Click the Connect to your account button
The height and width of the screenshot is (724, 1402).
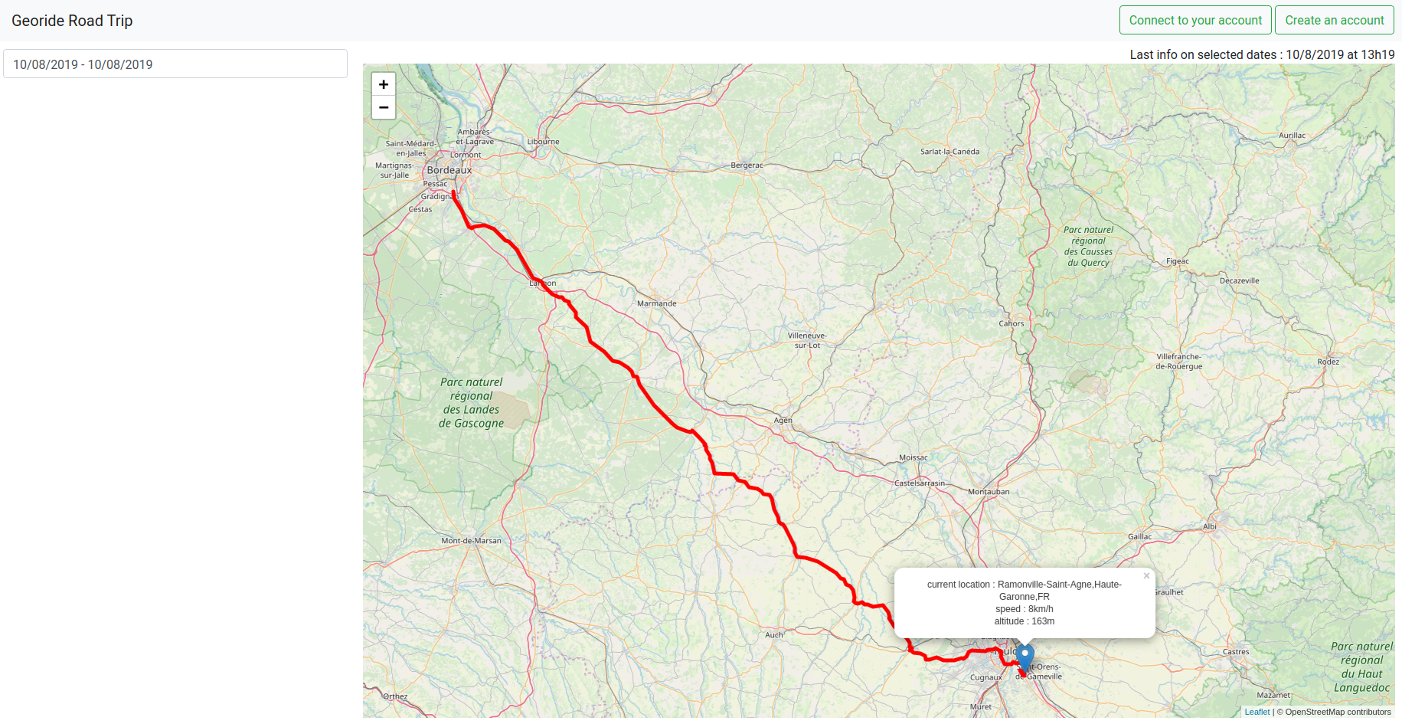(1194, 21)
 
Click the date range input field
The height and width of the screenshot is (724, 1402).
(175, 64)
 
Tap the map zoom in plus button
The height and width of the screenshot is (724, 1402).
(384, 84)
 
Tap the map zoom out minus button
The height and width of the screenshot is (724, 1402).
(384, 108)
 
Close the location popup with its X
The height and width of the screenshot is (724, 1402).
(1146, 576)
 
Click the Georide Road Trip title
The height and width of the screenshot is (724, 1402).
(72, 21)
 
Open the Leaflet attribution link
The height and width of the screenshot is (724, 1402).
(1257, 712)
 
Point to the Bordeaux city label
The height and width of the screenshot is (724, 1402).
(449, 170)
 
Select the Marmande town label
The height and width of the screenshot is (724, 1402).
(657, 303)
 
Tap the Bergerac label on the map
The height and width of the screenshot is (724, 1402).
(747, 165)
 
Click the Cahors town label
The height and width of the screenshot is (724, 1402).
(1011, 323)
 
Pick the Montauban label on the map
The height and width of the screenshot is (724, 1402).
(989, 492)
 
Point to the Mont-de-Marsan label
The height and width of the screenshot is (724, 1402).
(471, 541)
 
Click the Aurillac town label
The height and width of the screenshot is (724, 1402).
(1292, 136)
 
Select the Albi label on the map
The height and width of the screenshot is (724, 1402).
(1210, 526)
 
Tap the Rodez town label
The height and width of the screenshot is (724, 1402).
(1328, 362)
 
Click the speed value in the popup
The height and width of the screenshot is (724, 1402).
(1040, 609)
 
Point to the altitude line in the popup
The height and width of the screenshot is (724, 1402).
(1024, 621)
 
